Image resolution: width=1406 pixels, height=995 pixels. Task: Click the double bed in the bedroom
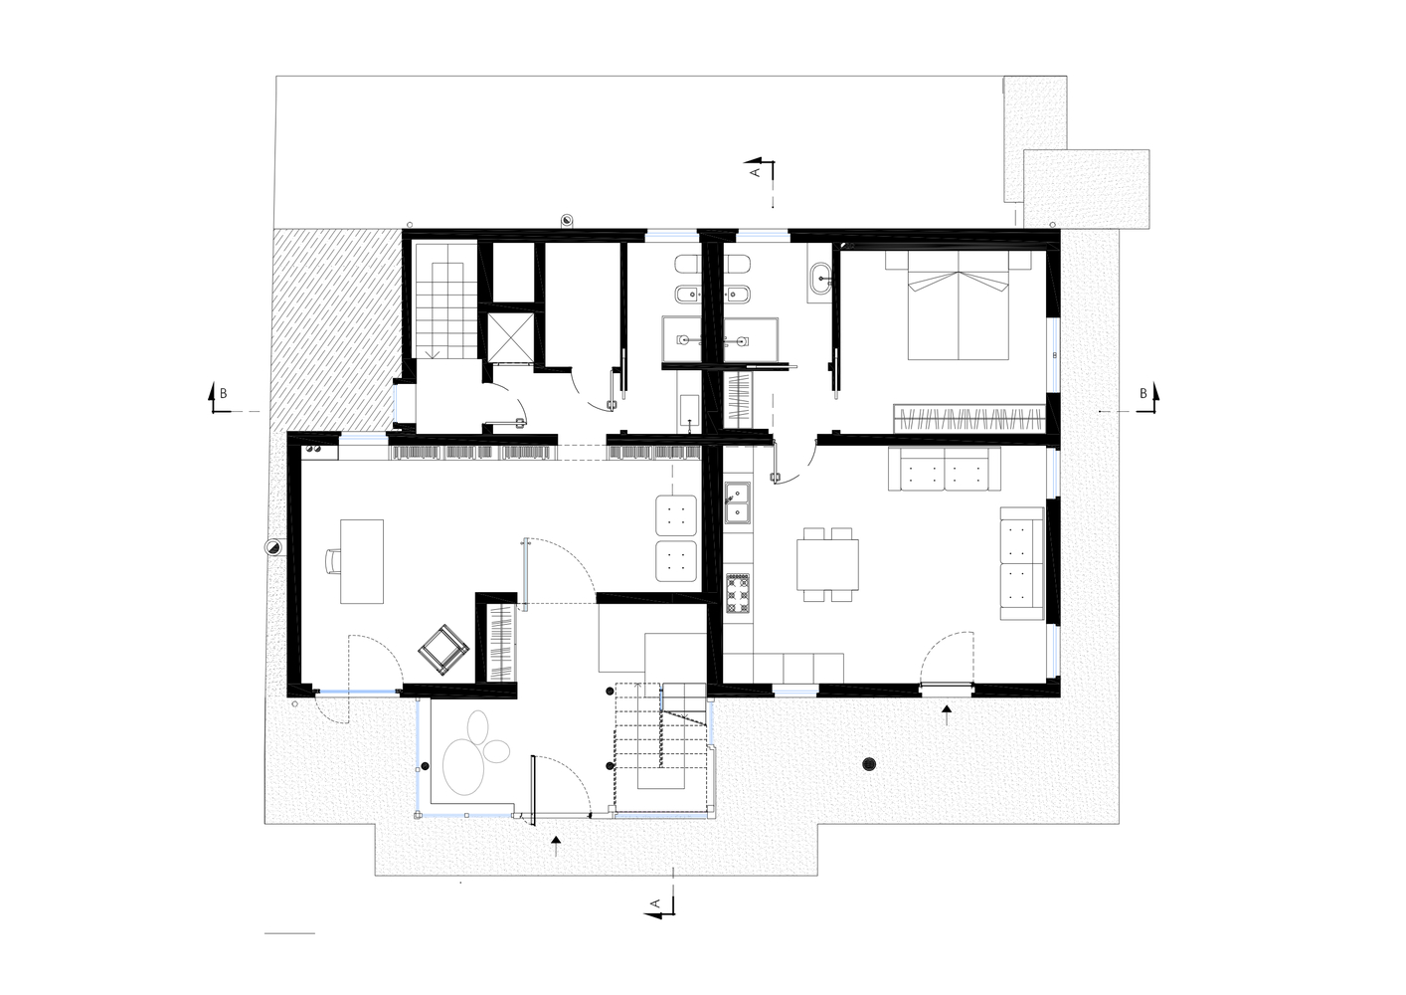point(958,305)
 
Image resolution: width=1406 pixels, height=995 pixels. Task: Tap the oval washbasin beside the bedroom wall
point(820,279)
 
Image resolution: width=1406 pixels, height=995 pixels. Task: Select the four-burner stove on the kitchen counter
point(738,593)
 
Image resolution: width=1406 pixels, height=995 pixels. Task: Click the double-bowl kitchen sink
point(738,502)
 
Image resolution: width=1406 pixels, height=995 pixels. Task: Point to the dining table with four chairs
point(828,565)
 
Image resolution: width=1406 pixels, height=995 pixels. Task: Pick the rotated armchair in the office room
point(443,650)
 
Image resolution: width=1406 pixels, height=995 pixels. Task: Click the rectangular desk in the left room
point(362,561)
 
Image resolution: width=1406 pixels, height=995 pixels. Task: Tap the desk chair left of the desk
point(333,560)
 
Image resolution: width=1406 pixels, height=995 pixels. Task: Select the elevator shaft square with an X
point(511,337)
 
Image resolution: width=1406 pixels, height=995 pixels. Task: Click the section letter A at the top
point(755,171)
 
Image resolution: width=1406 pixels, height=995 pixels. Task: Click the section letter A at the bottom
point(654,903)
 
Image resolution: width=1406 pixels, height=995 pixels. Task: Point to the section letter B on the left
point(223,394)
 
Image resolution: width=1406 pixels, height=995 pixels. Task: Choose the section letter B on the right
point(1143,393)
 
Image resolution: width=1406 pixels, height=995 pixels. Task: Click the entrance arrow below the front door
point(556,846)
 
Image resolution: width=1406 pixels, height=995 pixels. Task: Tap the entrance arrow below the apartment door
point(947,714)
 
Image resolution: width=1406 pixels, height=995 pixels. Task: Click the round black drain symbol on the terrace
point(869,764)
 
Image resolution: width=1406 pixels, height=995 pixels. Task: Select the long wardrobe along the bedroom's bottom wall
point(969,418)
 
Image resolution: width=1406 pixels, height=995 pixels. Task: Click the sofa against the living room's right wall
point(1022,563)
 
